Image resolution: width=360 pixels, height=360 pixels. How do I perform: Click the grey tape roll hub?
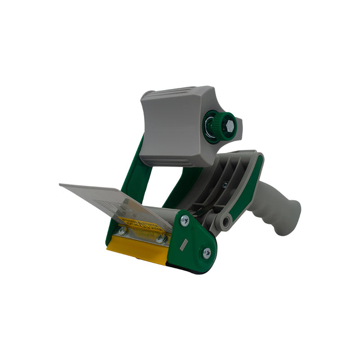pos(172,127)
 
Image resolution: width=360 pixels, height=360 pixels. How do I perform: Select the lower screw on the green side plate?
pos(206,253)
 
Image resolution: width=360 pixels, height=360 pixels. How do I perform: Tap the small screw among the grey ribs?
pos(224,185)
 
